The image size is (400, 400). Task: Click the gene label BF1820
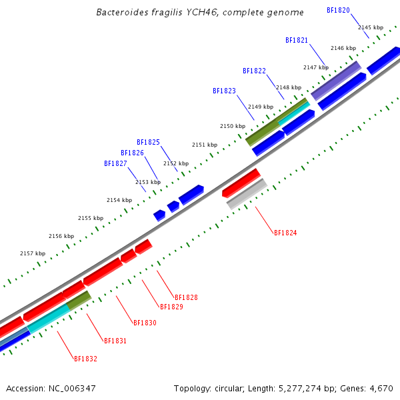point(338,11)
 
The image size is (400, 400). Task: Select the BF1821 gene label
point(297,41)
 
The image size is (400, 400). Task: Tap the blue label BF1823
point(224,91)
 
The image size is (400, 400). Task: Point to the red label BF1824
point(285,233)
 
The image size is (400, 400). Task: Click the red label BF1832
point(85,359)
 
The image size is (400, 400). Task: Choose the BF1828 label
point(186,297)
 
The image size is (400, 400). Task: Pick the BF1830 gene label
point(145,323)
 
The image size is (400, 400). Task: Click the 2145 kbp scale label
point(371,27)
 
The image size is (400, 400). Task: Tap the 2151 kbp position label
point(205,145)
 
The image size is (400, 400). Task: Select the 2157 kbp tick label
point(33,253)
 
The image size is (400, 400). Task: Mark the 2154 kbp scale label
point(119,200)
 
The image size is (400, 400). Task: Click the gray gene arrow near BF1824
point(247,194)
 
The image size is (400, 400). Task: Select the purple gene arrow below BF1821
point(336,81)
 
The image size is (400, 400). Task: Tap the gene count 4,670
point(381,388)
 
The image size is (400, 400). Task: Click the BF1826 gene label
point(132,153)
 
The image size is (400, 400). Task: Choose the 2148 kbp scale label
point(289,87)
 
